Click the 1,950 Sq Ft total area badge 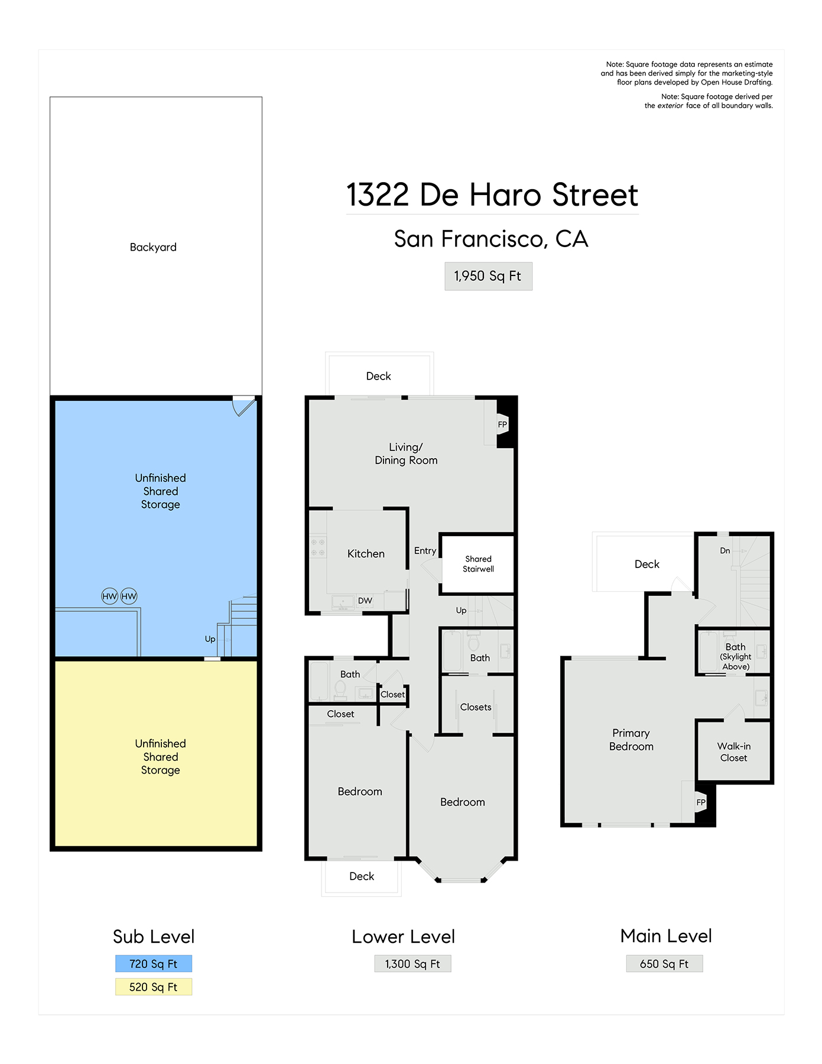coord(488,276)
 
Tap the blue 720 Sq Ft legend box coord(154,964)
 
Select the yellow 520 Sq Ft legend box coord(154,987)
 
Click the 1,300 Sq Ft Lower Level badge coord(412,964)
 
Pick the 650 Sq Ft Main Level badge coord(664,964)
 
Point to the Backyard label coord(153,247)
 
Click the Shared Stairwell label coord(478,564)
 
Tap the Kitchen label coord(366,554)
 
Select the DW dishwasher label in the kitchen coord(365,601)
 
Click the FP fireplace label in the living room coord(502,424)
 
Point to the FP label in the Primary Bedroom coord(701,802)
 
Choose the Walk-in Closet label coord(734,752)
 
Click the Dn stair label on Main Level coord(725,550)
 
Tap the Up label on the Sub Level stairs coord(210,639)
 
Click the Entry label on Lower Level coord(425,551)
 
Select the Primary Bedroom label coord(631,739)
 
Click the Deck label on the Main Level coord(647,564)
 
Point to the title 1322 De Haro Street coord(492,195)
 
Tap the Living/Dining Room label coord(406,454)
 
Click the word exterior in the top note coord(671,106)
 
